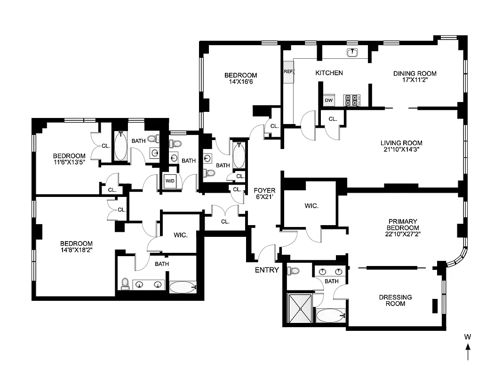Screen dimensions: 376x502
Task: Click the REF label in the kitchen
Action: (288, 71)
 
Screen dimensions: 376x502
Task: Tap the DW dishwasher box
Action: (329, 101)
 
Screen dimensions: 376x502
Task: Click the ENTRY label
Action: (267, 270)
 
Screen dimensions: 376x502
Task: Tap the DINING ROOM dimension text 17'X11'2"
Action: (414, 80)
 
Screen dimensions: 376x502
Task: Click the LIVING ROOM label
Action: (401, 143)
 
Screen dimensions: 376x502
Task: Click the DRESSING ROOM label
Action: (396, 300)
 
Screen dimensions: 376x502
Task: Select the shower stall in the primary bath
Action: (299, 308)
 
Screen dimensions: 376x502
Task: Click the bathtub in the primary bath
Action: (330, 315)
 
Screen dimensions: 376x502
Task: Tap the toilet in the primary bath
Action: (294, 271)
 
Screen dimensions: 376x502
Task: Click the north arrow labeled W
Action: (468, 347)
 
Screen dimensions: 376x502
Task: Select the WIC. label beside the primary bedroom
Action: (311, 206)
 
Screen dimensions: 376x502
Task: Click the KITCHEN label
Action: (329, 73)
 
